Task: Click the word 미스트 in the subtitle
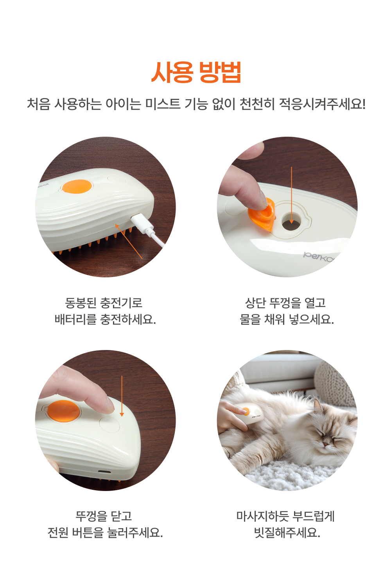point(163,104)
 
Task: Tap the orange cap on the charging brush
point(77,186)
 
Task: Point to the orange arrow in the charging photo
point(129,241)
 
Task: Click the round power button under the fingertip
point(109,424)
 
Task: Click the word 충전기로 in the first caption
point(121,303)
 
